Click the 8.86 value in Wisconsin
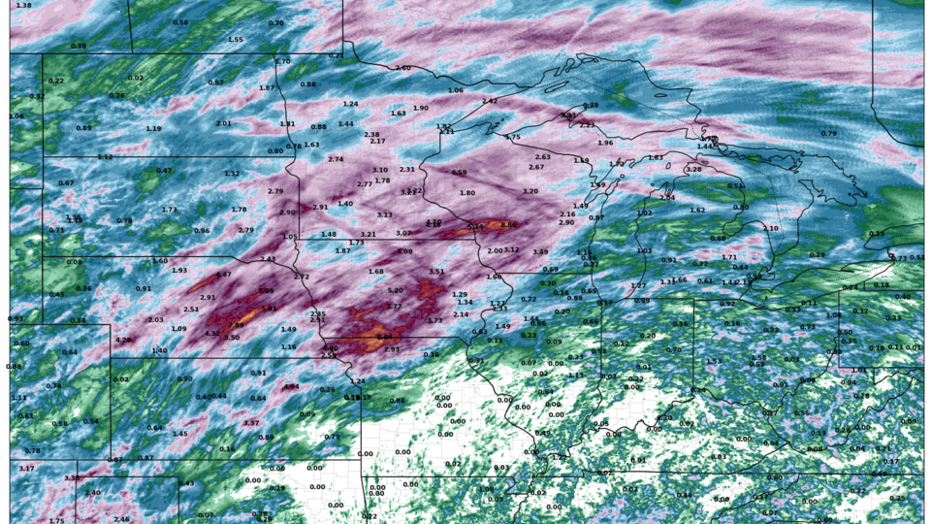coord(508,225)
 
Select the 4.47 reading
coord(224,275)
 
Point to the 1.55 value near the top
coord(236,40)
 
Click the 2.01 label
coord(224,123)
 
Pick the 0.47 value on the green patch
coord(165,171)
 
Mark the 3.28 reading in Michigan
coord(693,170)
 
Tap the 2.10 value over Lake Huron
coord(771,228)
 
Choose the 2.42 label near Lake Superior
coord(490,101)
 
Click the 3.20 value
coord(530,191)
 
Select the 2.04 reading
coord(667,197)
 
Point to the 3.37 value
coord(251,423)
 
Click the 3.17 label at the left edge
coord(26,469)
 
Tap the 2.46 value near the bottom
coord(121,519)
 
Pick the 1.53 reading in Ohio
coord(715,361)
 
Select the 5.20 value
coord(396,290)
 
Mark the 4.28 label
coord(123,341)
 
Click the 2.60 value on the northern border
coord(403,68)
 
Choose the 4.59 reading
coord(460,173)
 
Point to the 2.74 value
coord(337,159)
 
